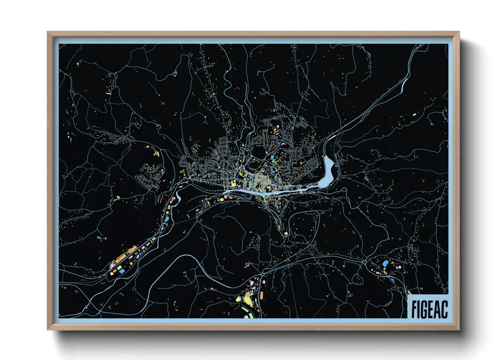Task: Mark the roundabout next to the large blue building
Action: click(x=365, y=262)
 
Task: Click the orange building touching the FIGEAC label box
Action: click(x=409, y=292)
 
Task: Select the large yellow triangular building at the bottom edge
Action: click(x=247, y=301)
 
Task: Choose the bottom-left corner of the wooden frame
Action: click(x=48, y=329)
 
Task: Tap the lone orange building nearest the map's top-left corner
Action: click(x=78, y=64)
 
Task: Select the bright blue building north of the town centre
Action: click(x=272, y=157)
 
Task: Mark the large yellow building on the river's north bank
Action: click(x=234, y=184)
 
